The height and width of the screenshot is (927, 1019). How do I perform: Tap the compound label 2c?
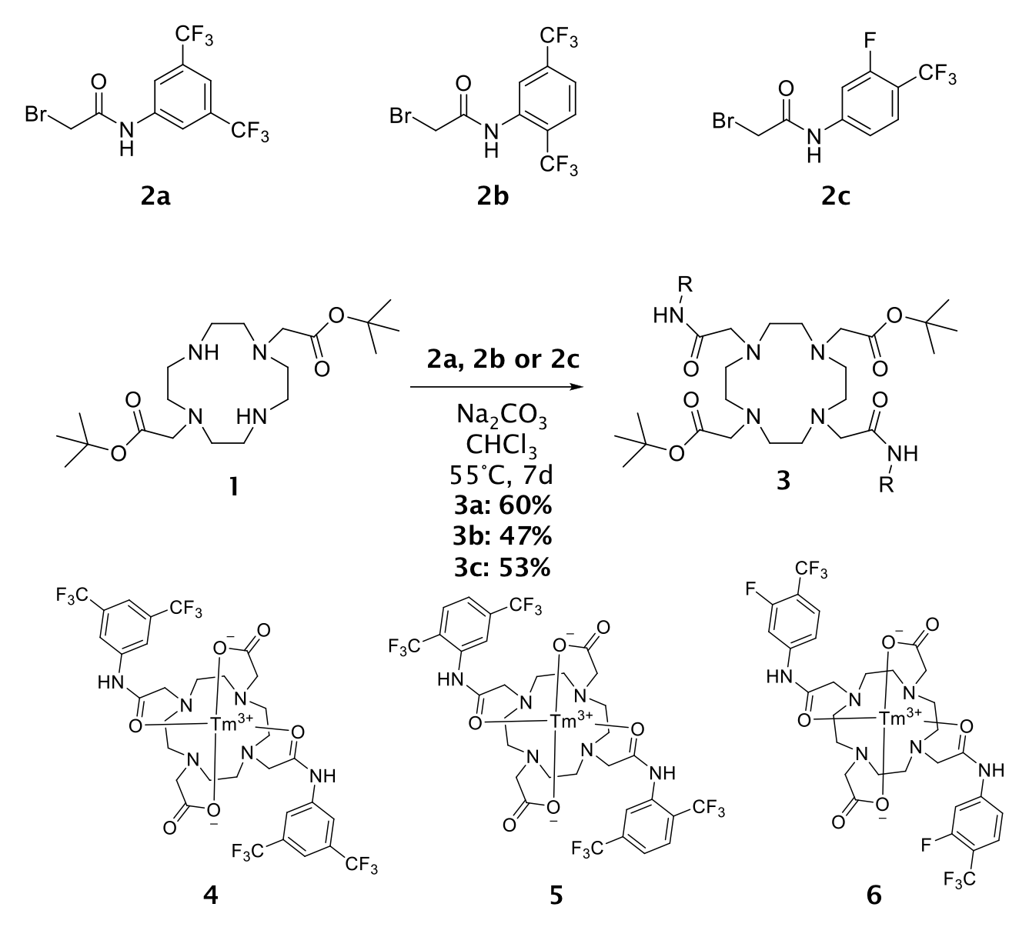(x=833, y=198)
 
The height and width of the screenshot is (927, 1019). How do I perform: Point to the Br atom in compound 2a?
(x=37, y=115)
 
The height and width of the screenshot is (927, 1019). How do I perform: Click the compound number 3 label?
(x=783, y=484)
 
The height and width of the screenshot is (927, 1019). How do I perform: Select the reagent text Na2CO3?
(x=502, y=420)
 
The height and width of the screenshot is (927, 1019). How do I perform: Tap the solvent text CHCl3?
(x=502, y=448)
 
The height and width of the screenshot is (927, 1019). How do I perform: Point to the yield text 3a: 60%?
(x=502, y=507)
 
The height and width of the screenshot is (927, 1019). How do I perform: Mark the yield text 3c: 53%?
(x=502, y=567)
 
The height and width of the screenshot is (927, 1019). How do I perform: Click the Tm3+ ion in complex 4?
(x=229, y=724)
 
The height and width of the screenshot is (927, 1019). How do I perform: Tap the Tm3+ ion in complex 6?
(x=898, y=718)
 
